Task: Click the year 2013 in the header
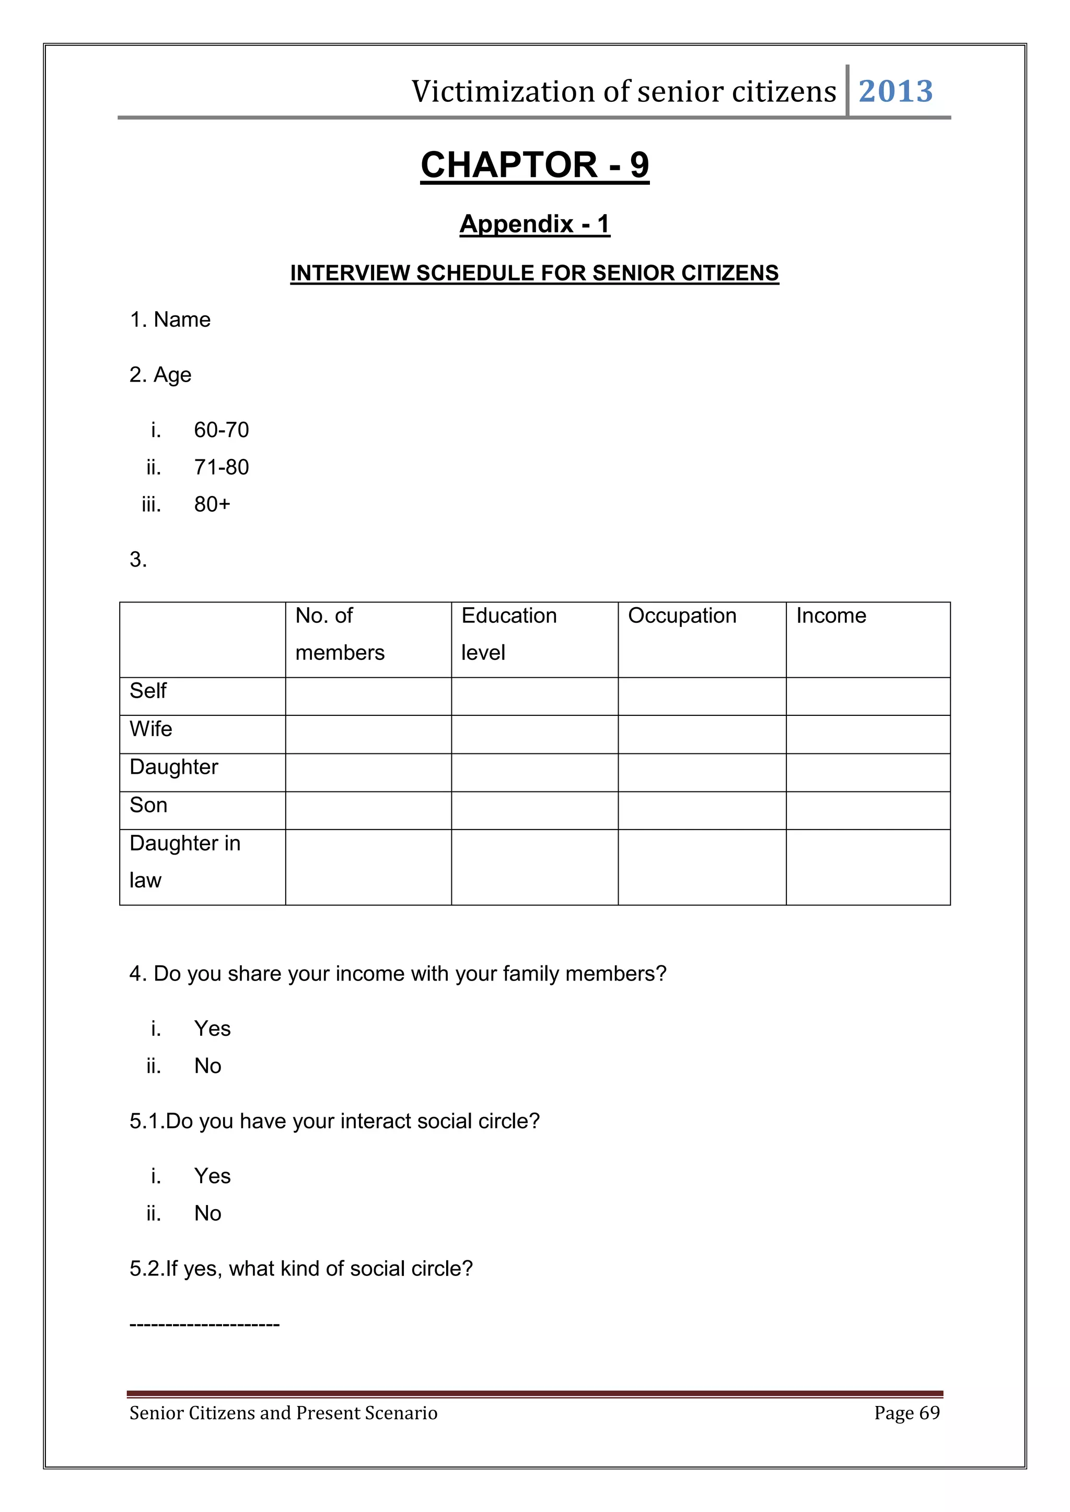click(x=895, y=91)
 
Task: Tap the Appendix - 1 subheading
click(x=534, y=224)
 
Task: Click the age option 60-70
click(x=222, y=430)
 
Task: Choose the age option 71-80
click(x=222, y=468)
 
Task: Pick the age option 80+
click(x=212, y=504)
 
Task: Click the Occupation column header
click(x=682, y=616)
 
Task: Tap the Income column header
click(x=831, y=616)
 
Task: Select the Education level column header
click(x=509, y=633)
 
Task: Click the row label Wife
click(x=151, y=729)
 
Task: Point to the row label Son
click(x=148, y=806)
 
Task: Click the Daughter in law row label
click(x=184, y=861)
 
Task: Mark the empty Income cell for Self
click(x=868, y=696)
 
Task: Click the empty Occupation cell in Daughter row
click(x=702, y=773)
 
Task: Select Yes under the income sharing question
click(x=212, y=1029)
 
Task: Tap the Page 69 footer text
click(x=906, y=1413)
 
